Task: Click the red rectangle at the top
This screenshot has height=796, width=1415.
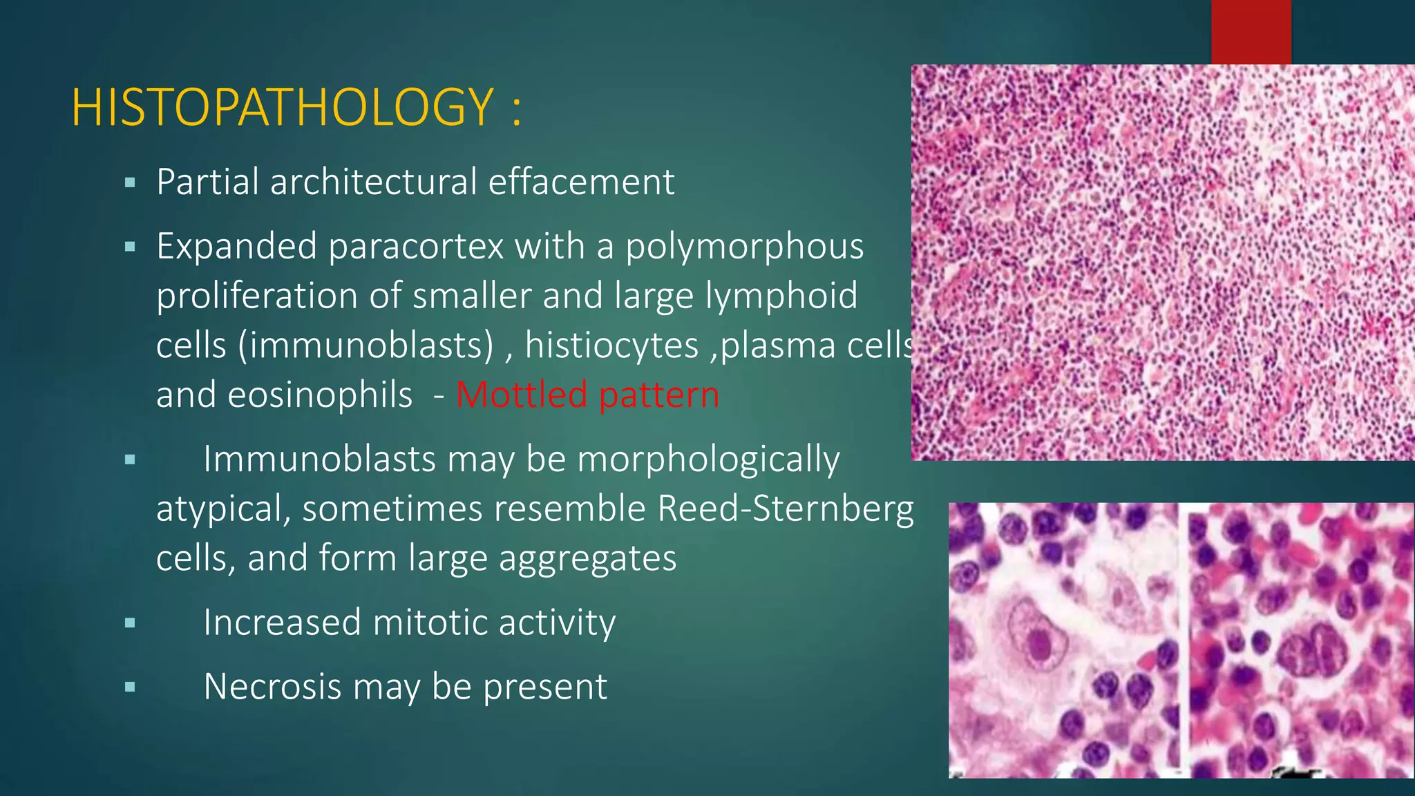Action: (1251, 32)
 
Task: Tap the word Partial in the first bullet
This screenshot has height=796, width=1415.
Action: (207, 182)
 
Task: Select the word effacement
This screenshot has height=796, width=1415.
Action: (581, 182)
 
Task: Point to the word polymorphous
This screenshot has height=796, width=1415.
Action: (744, 247)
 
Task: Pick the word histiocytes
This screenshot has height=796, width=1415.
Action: (611, 345)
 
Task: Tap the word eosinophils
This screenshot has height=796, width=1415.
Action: (319, 395)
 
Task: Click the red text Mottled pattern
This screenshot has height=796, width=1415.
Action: (587, 395)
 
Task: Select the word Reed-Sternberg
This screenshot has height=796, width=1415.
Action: (785, 509)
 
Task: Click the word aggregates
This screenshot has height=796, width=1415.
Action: (587, 558)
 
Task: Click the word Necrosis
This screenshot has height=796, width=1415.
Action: (272, 687)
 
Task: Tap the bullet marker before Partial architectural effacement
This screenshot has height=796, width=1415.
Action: (130, 184)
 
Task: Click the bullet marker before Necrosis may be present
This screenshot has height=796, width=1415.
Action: (130, 688)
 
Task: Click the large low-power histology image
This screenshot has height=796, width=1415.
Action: (1163, 263)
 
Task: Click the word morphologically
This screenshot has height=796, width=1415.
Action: (707, 460)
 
